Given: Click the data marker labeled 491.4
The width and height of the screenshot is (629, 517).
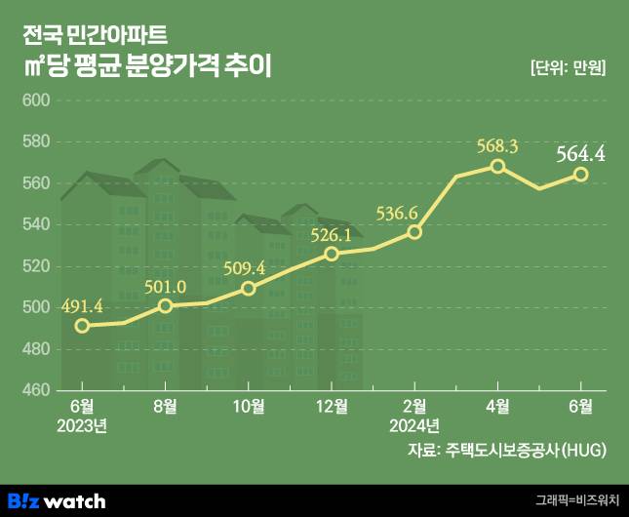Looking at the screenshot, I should tap(83, 325).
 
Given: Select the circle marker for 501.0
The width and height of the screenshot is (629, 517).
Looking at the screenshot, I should tap(166, 305).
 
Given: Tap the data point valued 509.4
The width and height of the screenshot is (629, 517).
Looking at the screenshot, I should tap(249, 288).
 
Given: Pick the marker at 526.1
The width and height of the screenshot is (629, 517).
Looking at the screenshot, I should tap(332, 254).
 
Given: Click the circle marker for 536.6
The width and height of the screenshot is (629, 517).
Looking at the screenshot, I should tap(414, 232).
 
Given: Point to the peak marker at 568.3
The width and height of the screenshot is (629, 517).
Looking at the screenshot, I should tap(497, 166).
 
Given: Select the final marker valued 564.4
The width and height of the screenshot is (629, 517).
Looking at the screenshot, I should tap(580, 174).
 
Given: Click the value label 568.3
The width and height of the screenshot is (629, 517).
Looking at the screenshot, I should tap(497, 146).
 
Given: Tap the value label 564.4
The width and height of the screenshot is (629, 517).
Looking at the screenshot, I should tap(581, 153).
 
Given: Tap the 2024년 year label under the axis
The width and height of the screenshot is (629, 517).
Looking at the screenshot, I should tap(414, 425).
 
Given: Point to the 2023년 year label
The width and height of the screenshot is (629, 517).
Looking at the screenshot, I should tap(83, 425).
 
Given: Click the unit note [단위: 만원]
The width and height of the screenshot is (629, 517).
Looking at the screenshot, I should tap(568, 68).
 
